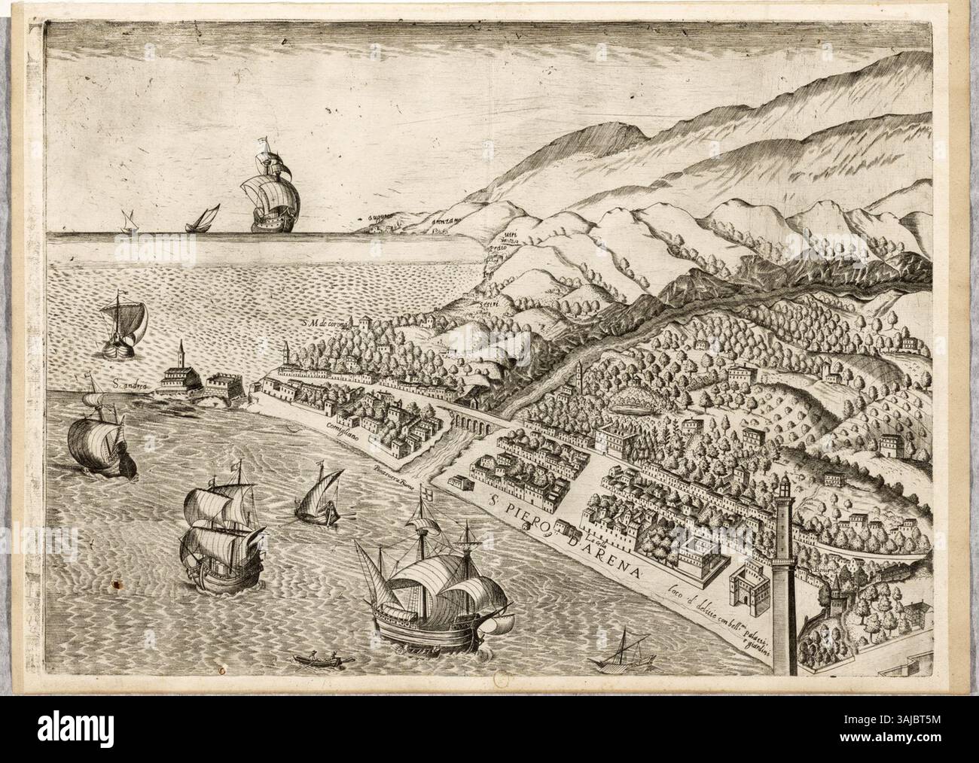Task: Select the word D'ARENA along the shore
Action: [x=602, y=554]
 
